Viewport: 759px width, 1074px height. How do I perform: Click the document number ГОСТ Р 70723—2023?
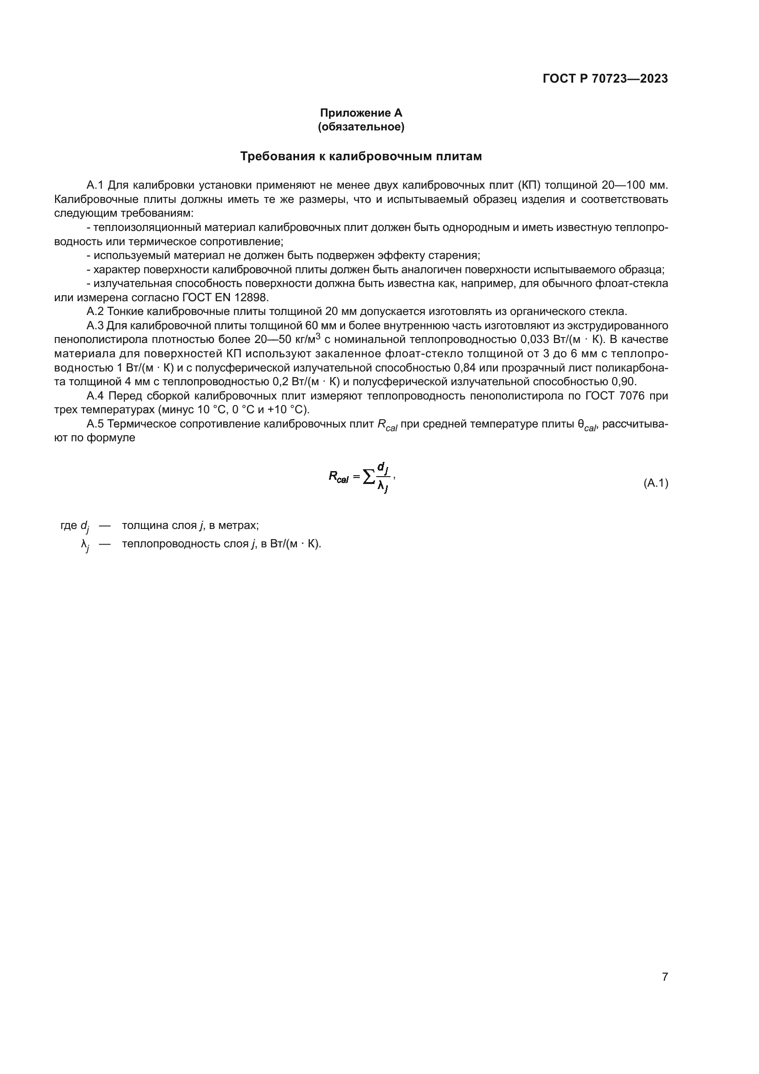tap(605, 79)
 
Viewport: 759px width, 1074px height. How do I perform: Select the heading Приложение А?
tap(361, 113)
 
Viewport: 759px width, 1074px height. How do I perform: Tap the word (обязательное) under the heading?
tap(361, 127)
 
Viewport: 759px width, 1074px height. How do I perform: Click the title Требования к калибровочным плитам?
tap(361, 156)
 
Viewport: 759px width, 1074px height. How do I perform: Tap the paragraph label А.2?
tap(95, 311)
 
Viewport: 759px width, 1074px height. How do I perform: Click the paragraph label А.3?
tap(95, 326)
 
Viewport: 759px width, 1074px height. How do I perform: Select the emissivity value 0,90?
tap(624, 382)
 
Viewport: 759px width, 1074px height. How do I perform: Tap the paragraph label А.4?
tap(96, 396)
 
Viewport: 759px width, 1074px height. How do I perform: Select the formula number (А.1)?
tap(656, 483)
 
